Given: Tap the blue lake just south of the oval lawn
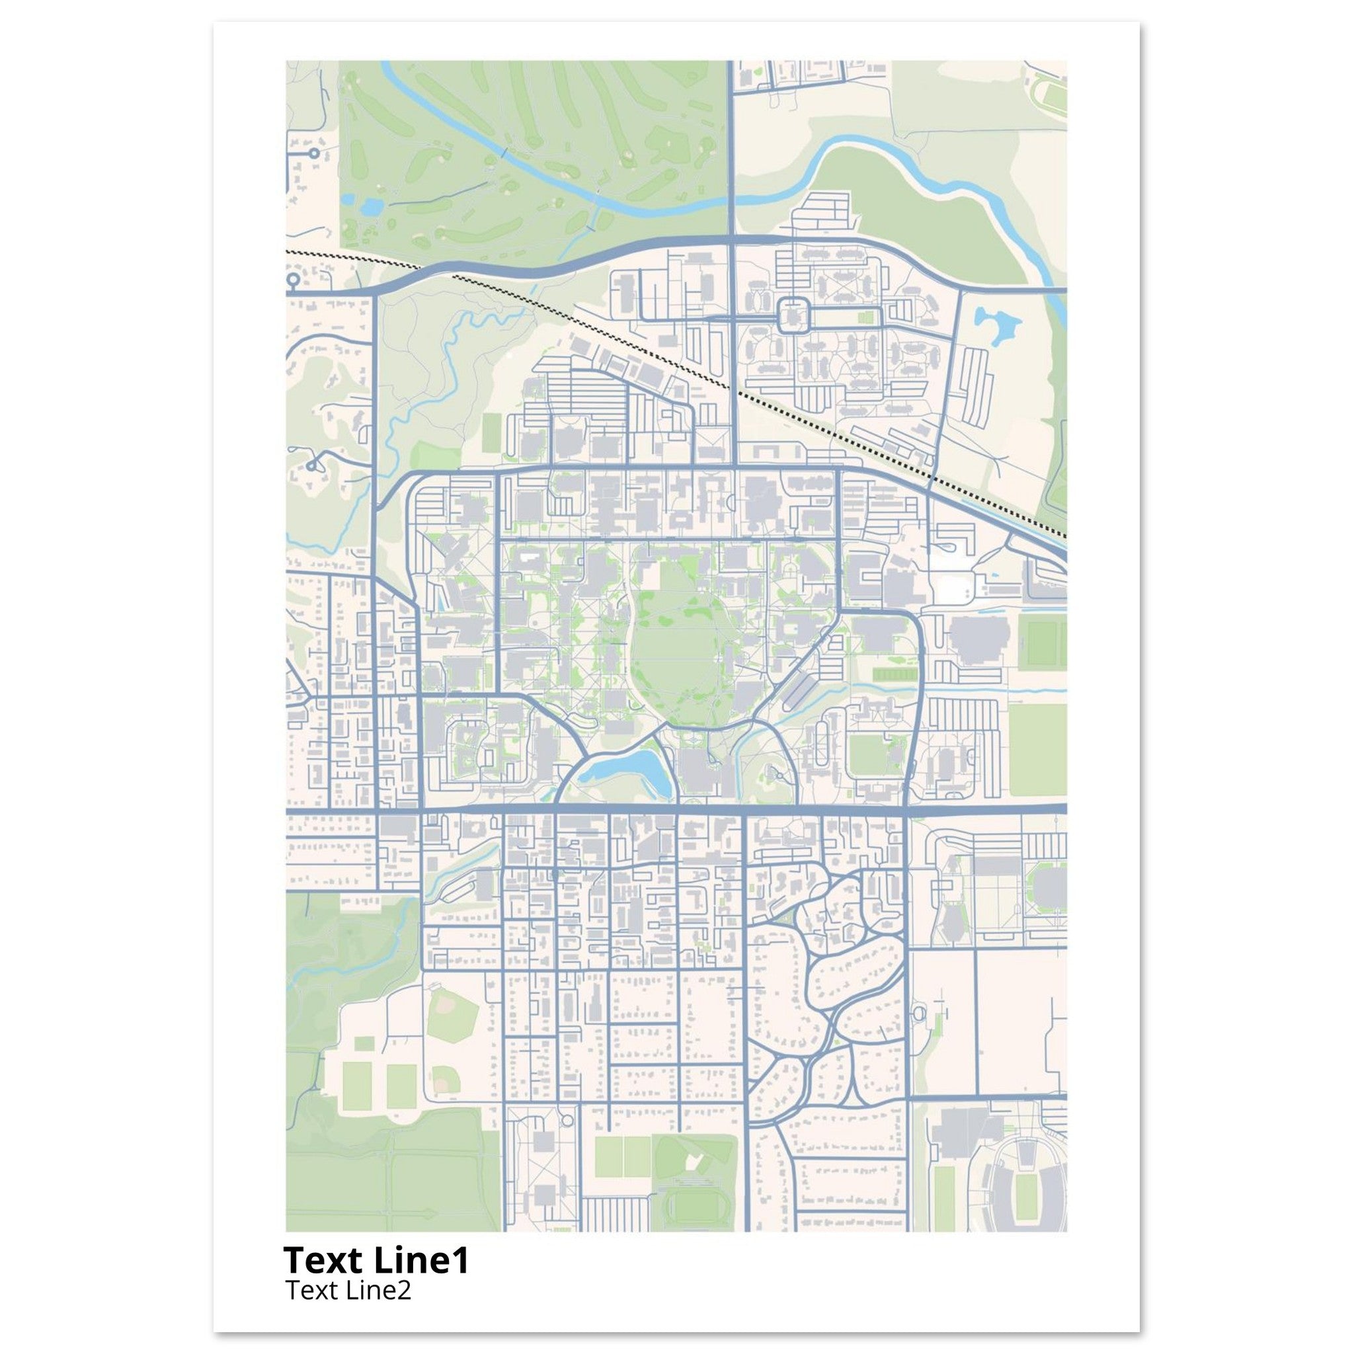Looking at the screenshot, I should (621, 770).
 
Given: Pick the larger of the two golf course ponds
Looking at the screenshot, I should (370, 206).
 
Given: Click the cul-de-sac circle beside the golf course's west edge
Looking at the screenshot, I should (314, 153).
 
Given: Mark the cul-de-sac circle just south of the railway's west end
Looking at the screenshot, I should (293, 280).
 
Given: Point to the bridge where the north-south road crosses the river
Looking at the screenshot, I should (732, 197).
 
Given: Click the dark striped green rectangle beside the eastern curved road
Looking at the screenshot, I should (895, 674).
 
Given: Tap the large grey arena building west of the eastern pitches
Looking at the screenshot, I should (979, 640).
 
